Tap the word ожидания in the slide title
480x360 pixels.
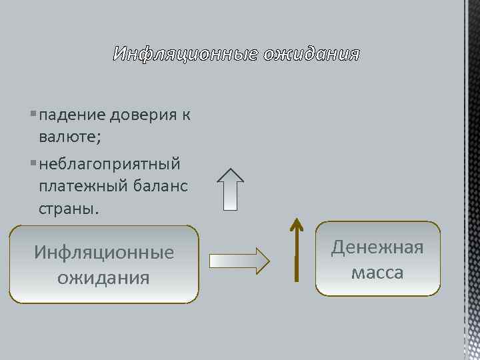tap(311, 54)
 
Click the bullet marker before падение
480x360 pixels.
tap(33, 115)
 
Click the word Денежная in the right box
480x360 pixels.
tap(377, 248)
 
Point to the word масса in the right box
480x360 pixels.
tap(377, 273)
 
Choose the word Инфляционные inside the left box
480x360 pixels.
tap(104, 253)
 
